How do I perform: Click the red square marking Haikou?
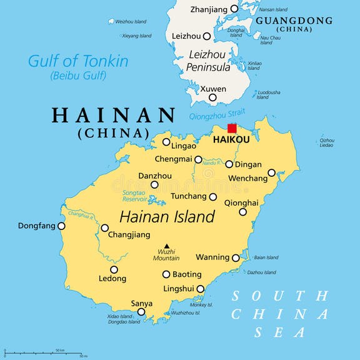[232, 128]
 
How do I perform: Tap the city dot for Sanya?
[141, 312]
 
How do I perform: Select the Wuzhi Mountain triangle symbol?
[166, 246]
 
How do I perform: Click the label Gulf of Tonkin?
[78, 61]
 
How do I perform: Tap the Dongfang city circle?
[61, 226]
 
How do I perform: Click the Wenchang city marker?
[271, 172]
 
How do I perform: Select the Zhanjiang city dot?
[234, 9]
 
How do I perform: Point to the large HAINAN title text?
[114, 116]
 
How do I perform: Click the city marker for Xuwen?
[212, 97]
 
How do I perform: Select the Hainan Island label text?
[167, 217]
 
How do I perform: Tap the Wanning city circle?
[236, 257]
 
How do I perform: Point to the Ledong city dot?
[114, 270]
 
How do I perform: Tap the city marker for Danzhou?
[154, 184]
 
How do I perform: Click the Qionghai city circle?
[242, 212]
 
